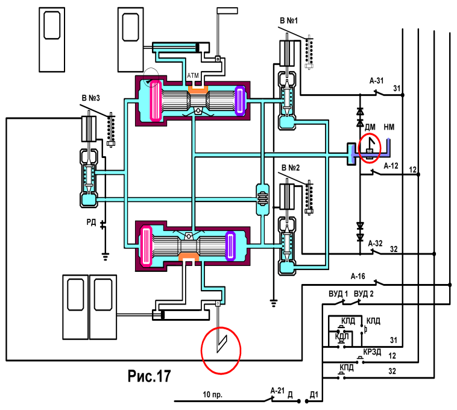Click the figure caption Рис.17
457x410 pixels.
pyautogui.click(x=150, y=376)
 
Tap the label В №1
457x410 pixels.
pyautogui.click(x=289, y=20)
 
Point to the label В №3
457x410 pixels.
pyautogui.click(x=90, y=98)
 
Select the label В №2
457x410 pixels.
pyautogui.click(x=291, y=168)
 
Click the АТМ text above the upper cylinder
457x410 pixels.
pyautogui.click(x=193, y=76)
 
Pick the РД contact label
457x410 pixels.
pyautogui.click(x=91, y=222)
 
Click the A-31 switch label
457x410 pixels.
pyautogui.click(x=377, y=81)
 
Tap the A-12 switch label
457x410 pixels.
pyautogui.click(x=391, y=166)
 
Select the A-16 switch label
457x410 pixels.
pyautogui.click(x=358, y=276)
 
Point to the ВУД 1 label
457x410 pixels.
pyautogui.click(x=338, y=294)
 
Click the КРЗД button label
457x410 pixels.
pyautogui.click(x=372, y=352)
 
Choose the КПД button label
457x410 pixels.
pyautogui.click(x=347, y=367)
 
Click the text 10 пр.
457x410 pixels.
pyautogui.click(x=212, y=394)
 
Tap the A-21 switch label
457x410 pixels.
pyautogui.click(x=277, y=391)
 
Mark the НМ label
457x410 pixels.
pyautogui.click(x=389, y=127)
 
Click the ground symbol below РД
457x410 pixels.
pyautogui.click(x=106, y=256)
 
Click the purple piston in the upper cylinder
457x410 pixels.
pyautogui.click(x=240, y=100)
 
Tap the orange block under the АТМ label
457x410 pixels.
pyautogui.click(x=198, y=89)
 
